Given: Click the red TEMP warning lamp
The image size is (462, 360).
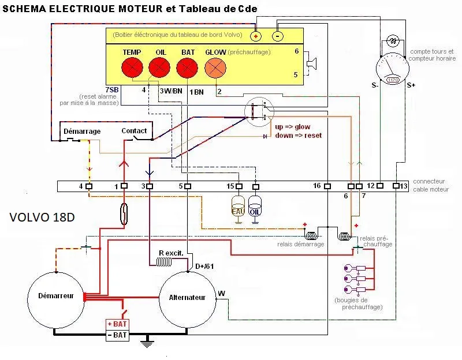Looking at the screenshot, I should (x=132, y=67).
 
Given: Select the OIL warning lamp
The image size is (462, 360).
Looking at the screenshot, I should (x=160, y=67).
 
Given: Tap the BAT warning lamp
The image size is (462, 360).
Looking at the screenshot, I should (x=188, y=67).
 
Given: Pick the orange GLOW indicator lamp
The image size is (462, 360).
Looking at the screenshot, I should (x=215, y=68).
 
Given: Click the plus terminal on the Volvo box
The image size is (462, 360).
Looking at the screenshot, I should (x=256, y=36).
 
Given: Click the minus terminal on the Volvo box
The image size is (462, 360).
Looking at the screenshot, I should (x=277, y=36).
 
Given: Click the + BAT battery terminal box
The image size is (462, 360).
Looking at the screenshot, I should (x=117, y=325).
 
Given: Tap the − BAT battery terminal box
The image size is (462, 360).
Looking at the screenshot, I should (x=117, y=335).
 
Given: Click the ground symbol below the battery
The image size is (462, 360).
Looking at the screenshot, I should (x=148, y=345).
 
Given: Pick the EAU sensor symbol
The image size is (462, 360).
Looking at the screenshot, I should (x=237, y=207).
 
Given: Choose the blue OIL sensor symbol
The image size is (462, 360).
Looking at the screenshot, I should (x=255, y=207).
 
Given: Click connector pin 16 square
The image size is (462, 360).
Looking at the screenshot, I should (x=327, y=186).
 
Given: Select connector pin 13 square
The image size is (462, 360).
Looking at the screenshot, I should (x=396, y=186).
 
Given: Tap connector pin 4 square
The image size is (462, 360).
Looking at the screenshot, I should (x=89, y=186).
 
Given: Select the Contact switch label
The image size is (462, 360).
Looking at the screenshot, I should (x=134, y=131).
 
